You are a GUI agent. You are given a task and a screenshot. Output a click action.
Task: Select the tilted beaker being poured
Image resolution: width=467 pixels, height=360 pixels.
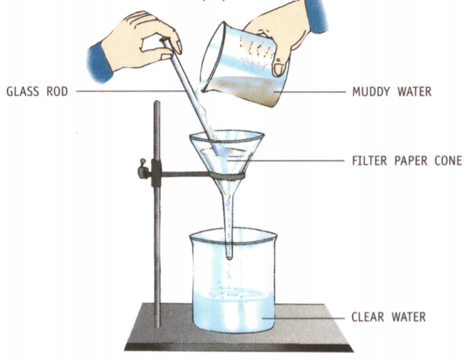click(243, 69)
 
